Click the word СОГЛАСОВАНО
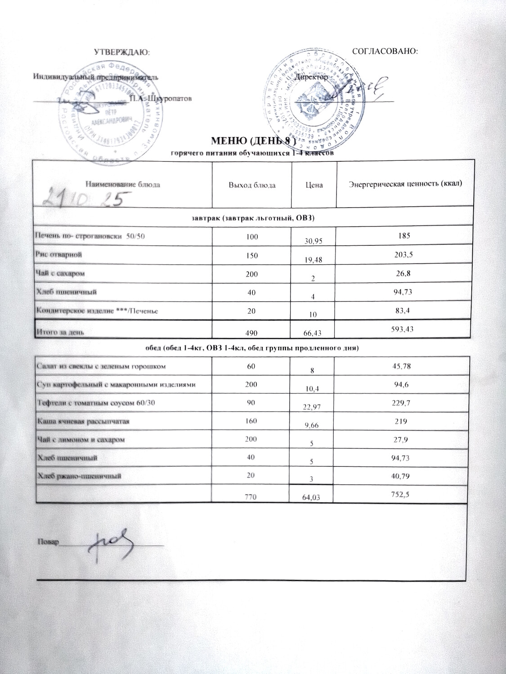tap(386, 52)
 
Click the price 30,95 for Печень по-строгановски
tap(314, 241)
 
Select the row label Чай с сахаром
tap(61, 273)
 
